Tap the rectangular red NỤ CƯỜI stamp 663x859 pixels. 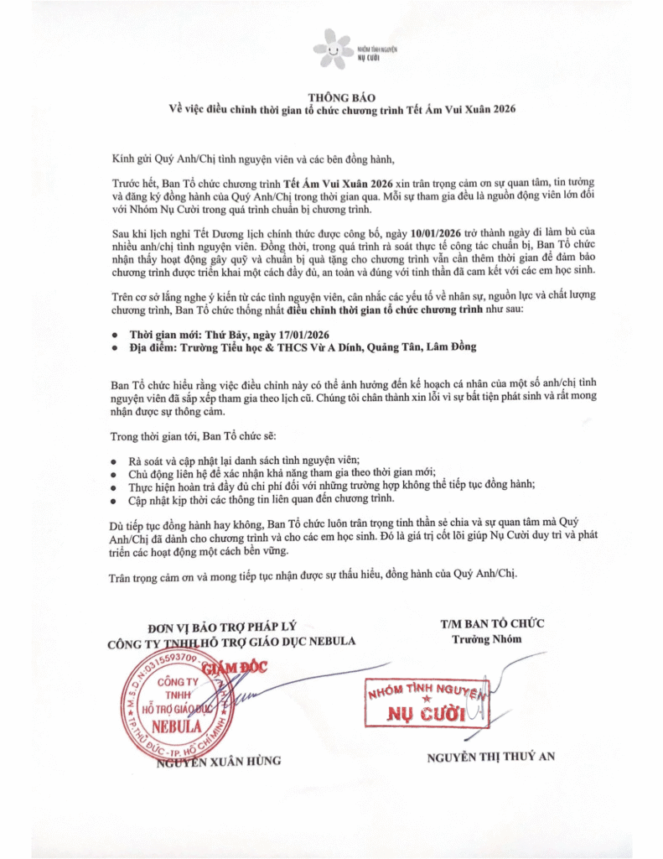point(424,705)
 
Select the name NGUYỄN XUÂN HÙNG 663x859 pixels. point(219,761)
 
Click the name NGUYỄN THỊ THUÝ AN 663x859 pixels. point(490,757)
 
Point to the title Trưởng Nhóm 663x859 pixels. point(492,638)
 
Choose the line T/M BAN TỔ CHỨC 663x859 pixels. point(492,623)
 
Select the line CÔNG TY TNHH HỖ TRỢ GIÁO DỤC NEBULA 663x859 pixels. point(231,642)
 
